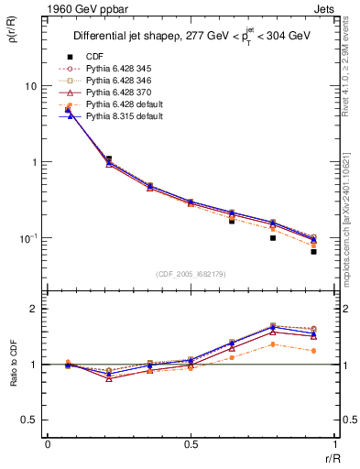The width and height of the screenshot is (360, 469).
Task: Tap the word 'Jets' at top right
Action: tap(324, 10)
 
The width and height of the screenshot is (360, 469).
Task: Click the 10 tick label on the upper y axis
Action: tap(30, 86)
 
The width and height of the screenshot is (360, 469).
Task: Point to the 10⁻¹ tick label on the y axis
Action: tap(27, 237)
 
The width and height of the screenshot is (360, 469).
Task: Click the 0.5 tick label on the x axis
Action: tap(191, 444)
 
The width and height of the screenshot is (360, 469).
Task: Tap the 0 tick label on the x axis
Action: tap(48, 444)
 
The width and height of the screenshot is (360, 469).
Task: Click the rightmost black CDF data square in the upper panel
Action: tap(313, 251)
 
